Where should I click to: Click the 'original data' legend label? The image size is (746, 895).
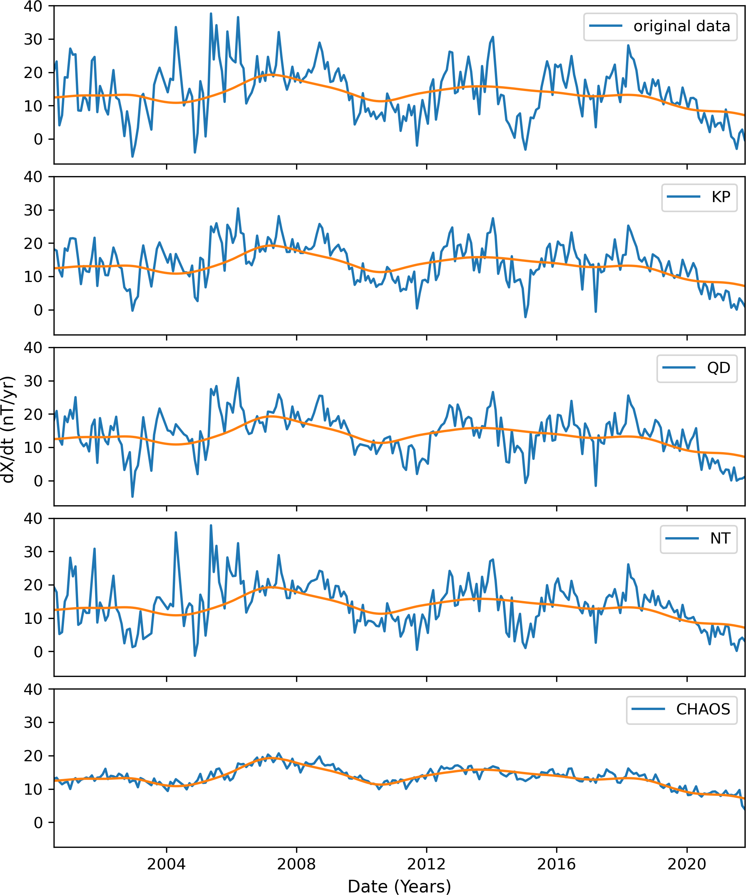(x=681, y=26)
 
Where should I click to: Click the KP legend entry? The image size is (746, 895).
(x=720, y=197)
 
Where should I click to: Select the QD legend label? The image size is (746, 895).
(x=718, y=367)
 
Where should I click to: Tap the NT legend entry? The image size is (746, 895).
(x=720, y=538)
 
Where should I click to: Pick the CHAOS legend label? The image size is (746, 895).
(x=703, y=709)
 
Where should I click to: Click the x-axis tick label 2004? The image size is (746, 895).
(x=166, y=864)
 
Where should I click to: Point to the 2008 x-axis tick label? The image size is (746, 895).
(x=296, y=864)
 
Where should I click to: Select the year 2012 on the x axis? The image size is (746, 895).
(x=426, y=864)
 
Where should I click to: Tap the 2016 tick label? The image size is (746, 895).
(x=556, y=864)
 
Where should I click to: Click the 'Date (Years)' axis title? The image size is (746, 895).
(x=399, y=886)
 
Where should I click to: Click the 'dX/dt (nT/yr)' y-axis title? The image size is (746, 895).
(x=9, y=429)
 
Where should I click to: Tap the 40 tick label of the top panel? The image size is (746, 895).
(x=33, y=6)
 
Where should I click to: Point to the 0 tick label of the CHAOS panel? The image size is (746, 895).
(x=38, y=823)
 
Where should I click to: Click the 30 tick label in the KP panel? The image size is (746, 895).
(x=33, y=210)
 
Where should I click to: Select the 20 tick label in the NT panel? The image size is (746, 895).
(x=33, y=585)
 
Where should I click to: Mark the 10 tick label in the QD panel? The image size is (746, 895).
(x=33, y=447)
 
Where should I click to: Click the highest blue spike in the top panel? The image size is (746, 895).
(x=211, y=14)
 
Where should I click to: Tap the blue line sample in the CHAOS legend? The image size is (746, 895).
(x=648, y=709)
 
